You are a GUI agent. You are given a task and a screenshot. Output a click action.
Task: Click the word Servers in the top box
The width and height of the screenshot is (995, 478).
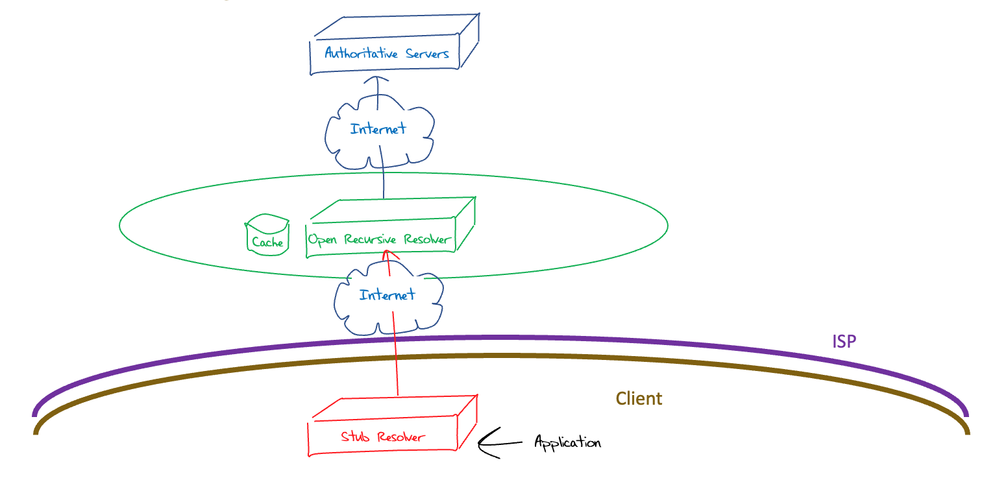tap(427, 53)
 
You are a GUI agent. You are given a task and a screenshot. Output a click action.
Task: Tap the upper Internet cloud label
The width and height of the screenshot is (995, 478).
tap(378, 128)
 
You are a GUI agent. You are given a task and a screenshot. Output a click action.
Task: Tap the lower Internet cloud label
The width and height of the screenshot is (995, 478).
tap(387, 295)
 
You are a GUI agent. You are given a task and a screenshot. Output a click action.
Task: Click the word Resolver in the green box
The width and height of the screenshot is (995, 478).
tap(426, 239)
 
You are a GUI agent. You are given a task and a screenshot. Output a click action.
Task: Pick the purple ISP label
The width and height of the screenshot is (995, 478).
tap(844, 341)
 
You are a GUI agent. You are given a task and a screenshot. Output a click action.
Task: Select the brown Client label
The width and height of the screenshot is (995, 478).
tap(639, 398)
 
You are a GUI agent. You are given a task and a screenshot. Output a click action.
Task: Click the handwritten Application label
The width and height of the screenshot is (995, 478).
tap(567, 443)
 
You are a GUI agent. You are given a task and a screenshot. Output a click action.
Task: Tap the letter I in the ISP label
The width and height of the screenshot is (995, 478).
tap(835, 341)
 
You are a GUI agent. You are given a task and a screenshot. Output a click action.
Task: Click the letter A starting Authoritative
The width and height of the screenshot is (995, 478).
tap(329, 53)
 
